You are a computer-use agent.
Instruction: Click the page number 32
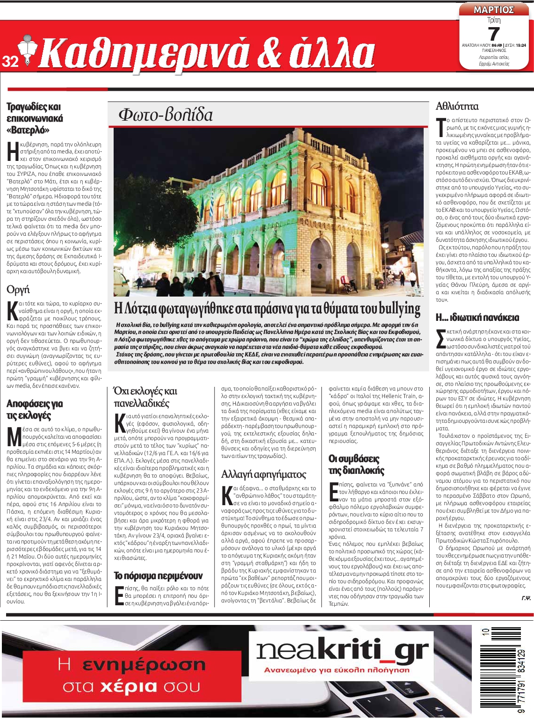click(x=10, y=61)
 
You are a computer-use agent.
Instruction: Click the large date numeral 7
click(x=494, y=34)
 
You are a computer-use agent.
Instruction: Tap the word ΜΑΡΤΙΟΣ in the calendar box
click(x=494, y=9)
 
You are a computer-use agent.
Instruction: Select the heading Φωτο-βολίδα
click(x=166, y=115)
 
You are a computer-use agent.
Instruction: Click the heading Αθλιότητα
click(x=457, y=106)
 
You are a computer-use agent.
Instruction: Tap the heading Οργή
click(x=18, y=290)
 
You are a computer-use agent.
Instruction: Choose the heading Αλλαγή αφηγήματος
click(x=263, y=474)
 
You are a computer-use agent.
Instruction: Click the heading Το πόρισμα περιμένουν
click(x=158, y=575)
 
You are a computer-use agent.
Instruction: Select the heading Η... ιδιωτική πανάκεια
click(x=477, y=317)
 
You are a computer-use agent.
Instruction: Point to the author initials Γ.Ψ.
click(x=526, y=598)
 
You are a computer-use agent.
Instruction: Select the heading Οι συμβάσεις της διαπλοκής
click(x=356, y=464)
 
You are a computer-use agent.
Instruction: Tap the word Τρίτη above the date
click(x=494, y=20)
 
